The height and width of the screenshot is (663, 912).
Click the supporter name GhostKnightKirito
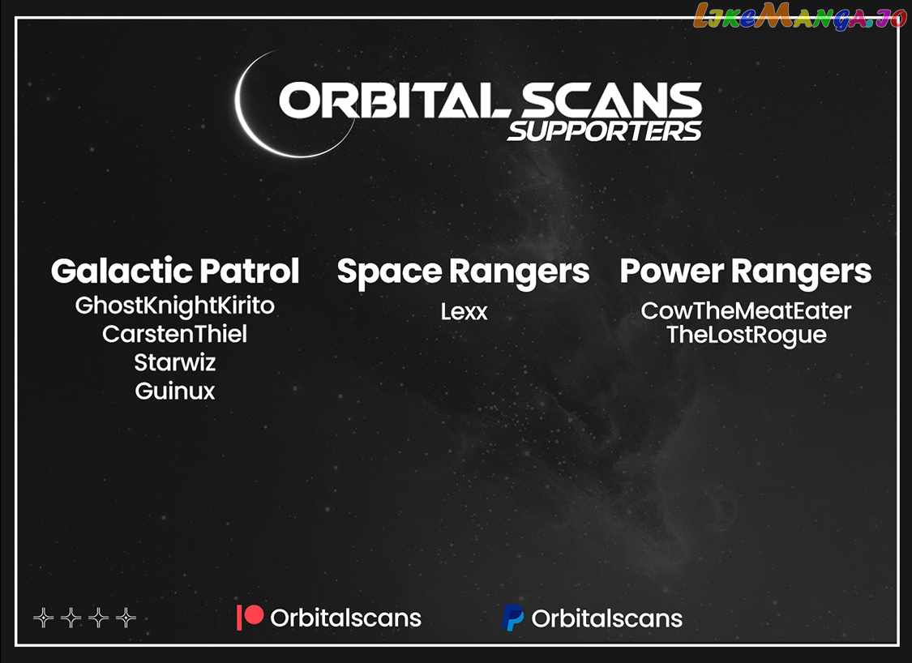174,306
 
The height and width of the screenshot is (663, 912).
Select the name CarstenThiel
174,334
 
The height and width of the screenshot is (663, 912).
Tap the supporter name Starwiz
174,362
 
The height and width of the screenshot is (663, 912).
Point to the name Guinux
174,391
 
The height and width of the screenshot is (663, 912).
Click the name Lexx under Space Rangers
464,312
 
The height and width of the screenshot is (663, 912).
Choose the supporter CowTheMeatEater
746,311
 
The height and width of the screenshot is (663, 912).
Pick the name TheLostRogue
747,336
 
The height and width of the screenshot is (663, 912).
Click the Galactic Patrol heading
174,271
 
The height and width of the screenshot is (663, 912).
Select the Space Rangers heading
463,272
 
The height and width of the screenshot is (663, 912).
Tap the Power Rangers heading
746,272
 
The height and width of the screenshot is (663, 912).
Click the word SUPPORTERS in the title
605,131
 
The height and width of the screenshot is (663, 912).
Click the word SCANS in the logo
610,100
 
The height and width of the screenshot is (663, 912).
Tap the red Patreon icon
250,617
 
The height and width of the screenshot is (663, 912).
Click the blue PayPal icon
512,618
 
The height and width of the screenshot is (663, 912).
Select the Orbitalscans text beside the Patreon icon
345,618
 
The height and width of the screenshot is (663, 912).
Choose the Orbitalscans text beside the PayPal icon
606,618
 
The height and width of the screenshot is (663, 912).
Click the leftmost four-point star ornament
44,618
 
